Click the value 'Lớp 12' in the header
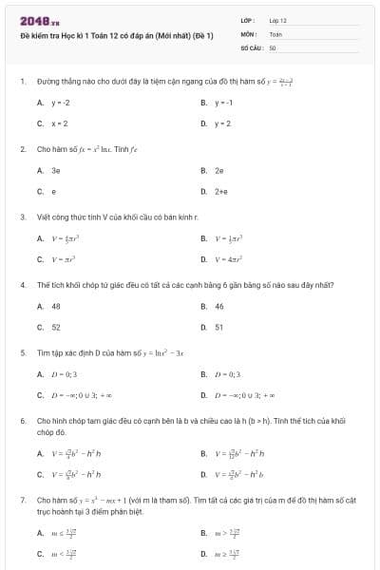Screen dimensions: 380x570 (277, 20)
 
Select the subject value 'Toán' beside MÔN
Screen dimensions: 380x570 (275, 33)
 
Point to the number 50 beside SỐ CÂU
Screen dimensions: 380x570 (273, 47)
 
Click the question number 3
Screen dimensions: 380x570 (22, 217)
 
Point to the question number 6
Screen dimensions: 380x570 (22, 420)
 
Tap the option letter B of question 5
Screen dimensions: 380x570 (203, 374)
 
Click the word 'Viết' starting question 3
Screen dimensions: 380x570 (43, 217)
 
